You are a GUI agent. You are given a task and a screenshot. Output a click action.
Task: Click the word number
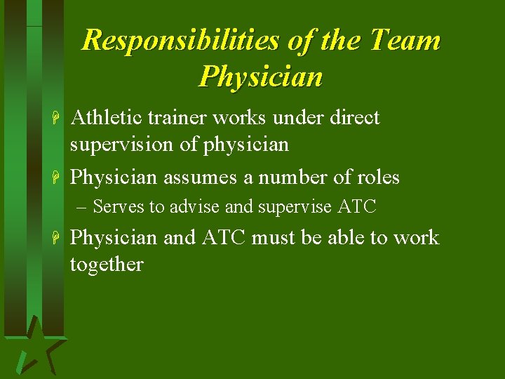295,178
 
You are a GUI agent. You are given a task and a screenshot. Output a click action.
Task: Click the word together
107,265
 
